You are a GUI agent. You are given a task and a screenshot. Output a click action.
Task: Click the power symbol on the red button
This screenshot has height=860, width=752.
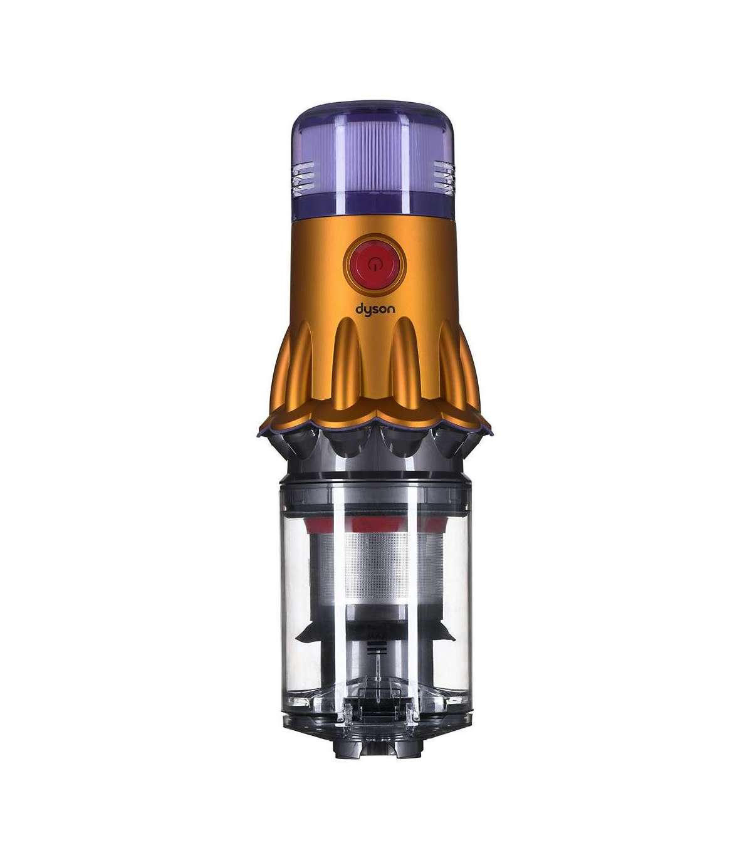(373, 264)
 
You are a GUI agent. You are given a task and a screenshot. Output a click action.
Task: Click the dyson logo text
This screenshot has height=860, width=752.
(375, 310)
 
